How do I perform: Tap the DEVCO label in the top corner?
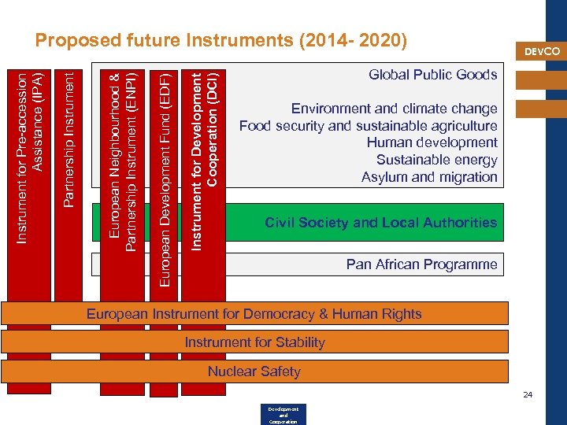coord(542,51)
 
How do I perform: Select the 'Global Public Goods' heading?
coord(433,75)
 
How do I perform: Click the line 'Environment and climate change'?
coord(394,109)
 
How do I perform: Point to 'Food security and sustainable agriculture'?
coord(369,126)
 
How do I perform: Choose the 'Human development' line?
coord(432,142)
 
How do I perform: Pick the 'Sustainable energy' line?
coord(436,160)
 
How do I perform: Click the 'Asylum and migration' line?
coord(429,177)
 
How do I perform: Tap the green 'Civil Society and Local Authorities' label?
coord(381,223)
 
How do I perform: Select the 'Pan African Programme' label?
coord(421,264)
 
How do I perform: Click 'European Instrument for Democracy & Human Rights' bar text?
coord(254,314)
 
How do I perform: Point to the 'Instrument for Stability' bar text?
coord(254,342)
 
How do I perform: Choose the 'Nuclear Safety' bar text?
coord(254,371)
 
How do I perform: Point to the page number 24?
coord(528,394)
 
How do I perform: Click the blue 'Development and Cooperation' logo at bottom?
coord(282,415)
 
